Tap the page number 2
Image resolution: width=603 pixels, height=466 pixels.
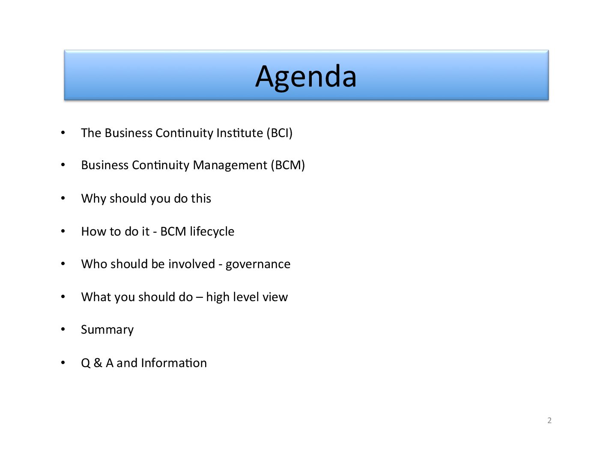pos(549,421)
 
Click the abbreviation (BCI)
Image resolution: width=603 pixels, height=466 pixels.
pos(279,133)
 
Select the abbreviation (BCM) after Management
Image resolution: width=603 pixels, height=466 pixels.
pos(288,165)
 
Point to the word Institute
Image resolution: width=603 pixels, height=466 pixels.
pos(239,133)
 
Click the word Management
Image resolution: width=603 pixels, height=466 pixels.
pos(230,166)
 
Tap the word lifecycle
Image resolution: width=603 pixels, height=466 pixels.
pos(212,232)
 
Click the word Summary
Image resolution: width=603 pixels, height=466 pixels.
pos(107,330)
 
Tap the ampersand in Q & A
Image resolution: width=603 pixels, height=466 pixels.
pos(98,363)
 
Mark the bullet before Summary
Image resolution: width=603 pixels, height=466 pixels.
pos(63,329)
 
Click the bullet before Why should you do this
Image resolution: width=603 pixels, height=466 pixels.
pos(63,198)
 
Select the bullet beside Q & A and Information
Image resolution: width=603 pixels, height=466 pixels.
pos(63,362)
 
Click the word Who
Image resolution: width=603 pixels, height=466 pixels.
pos(94,264)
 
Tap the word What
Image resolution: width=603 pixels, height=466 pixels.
pos(96,297)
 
